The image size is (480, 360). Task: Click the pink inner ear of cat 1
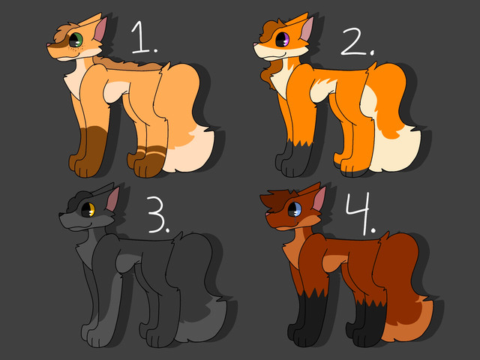[x=100, y=30]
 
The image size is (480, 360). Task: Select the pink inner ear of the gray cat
[x=113, y=199]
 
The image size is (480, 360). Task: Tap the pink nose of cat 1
[x=48, y=45]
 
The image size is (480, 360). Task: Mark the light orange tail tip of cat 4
[x=409, y=322]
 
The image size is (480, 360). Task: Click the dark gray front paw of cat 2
[x=294, y=159]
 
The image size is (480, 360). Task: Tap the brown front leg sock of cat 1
[x=88, y=151]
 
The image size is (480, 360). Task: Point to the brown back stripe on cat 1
[x=128, y=63]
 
